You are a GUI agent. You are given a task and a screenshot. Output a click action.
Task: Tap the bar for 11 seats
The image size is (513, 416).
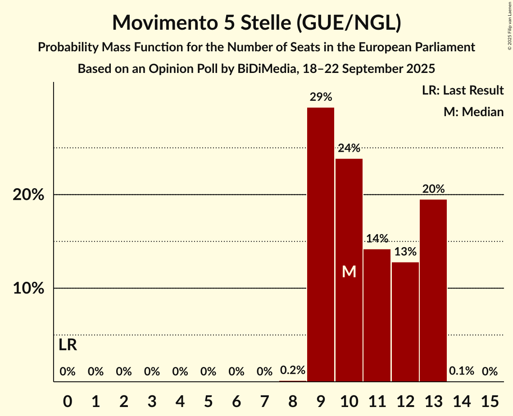[377, 315]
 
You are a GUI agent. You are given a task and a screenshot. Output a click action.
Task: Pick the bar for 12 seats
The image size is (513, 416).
[405, 322]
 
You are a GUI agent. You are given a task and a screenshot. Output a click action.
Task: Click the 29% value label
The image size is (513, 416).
[321, 97]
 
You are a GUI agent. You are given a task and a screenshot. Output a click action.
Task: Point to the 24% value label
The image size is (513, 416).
[349, 148]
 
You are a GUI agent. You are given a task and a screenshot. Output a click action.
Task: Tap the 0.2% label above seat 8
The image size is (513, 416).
[293, 371]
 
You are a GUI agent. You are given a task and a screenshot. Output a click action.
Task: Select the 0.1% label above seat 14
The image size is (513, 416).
[462, 371]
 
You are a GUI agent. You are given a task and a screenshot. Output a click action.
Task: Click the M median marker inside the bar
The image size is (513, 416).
[349, 271]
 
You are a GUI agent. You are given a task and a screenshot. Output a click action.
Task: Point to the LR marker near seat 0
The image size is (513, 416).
[68, 345]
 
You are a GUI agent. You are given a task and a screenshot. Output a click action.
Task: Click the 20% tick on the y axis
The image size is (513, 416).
[28, 195]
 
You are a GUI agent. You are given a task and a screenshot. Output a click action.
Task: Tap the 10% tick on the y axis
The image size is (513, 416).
[28, 289]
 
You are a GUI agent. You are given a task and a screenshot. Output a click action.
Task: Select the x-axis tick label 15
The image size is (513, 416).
[490, 400]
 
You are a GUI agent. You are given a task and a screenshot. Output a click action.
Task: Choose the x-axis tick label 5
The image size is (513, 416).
[208, 400]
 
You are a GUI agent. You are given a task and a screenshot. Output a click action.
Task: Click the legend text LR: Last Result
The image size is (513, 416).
[463, 90]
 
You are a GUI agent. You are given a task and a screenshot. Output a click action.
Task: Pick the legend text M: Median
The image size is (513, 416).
[473, 112]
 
